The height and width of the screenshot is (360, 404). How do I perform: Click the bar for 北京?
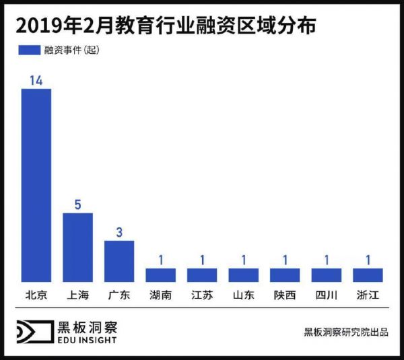point(36,185)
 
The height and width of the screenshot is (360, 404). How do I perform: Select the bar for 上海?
point(77,247)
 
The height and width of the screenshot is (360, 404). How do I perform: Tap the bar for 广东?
point(119,261)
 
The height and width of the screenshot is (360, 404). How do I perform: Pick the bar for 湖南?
point(160,275)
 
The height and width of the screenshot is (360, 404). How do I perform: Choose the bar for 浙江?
point(368,275)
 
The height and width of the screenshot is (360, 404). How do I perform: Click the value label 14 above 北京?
point(36,80)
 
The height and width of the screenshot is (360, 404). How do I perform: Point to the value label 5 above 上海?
point(77,205)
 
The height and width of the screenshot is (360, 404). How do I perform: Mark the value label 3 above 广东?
point(119,232)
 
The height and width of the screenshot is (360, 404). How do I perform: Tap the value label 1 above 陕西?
point(285,260)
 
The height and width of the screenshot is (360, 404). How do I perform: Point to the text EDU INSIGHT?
point(87,340)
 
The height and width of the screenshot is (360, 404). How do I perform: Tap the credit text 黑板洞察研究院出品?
point(345,332)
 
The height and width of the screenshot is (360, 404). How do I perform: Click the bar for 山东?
point(243,275)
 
